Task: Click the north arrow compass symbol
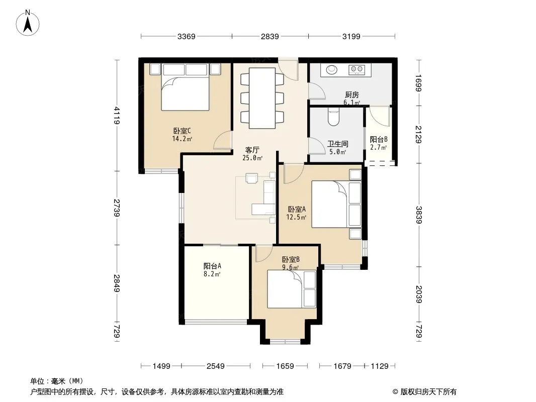(28, 23)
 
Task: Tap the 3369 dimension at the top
(187, 36)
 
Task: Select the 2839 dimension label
(270, 36)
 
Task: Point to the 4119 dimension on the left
(117, 115)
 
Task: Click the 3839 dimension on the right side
(419, 215)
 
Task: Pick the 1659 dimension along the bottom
(285, 366)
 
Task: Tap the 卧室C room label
(182, 131)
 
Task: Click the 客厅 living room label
(252, 150)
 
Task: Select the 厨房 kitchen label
(352, 94)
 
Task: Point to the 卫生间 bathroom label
(337, 144)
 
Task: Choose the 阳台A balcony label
(212, 266)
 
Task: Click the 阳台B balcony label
(379, 139)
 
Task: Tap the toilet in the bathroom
(333, 117)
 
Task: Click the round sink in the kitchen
(331, 70)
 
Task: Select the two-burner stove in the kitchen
(356, 70)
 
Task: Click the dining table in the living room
(262, 98)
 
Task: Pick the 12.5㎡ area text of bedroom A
(296, 217)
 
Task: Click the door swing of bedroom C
(223, 140)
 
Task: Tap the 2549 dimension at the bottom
(216, 366)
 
